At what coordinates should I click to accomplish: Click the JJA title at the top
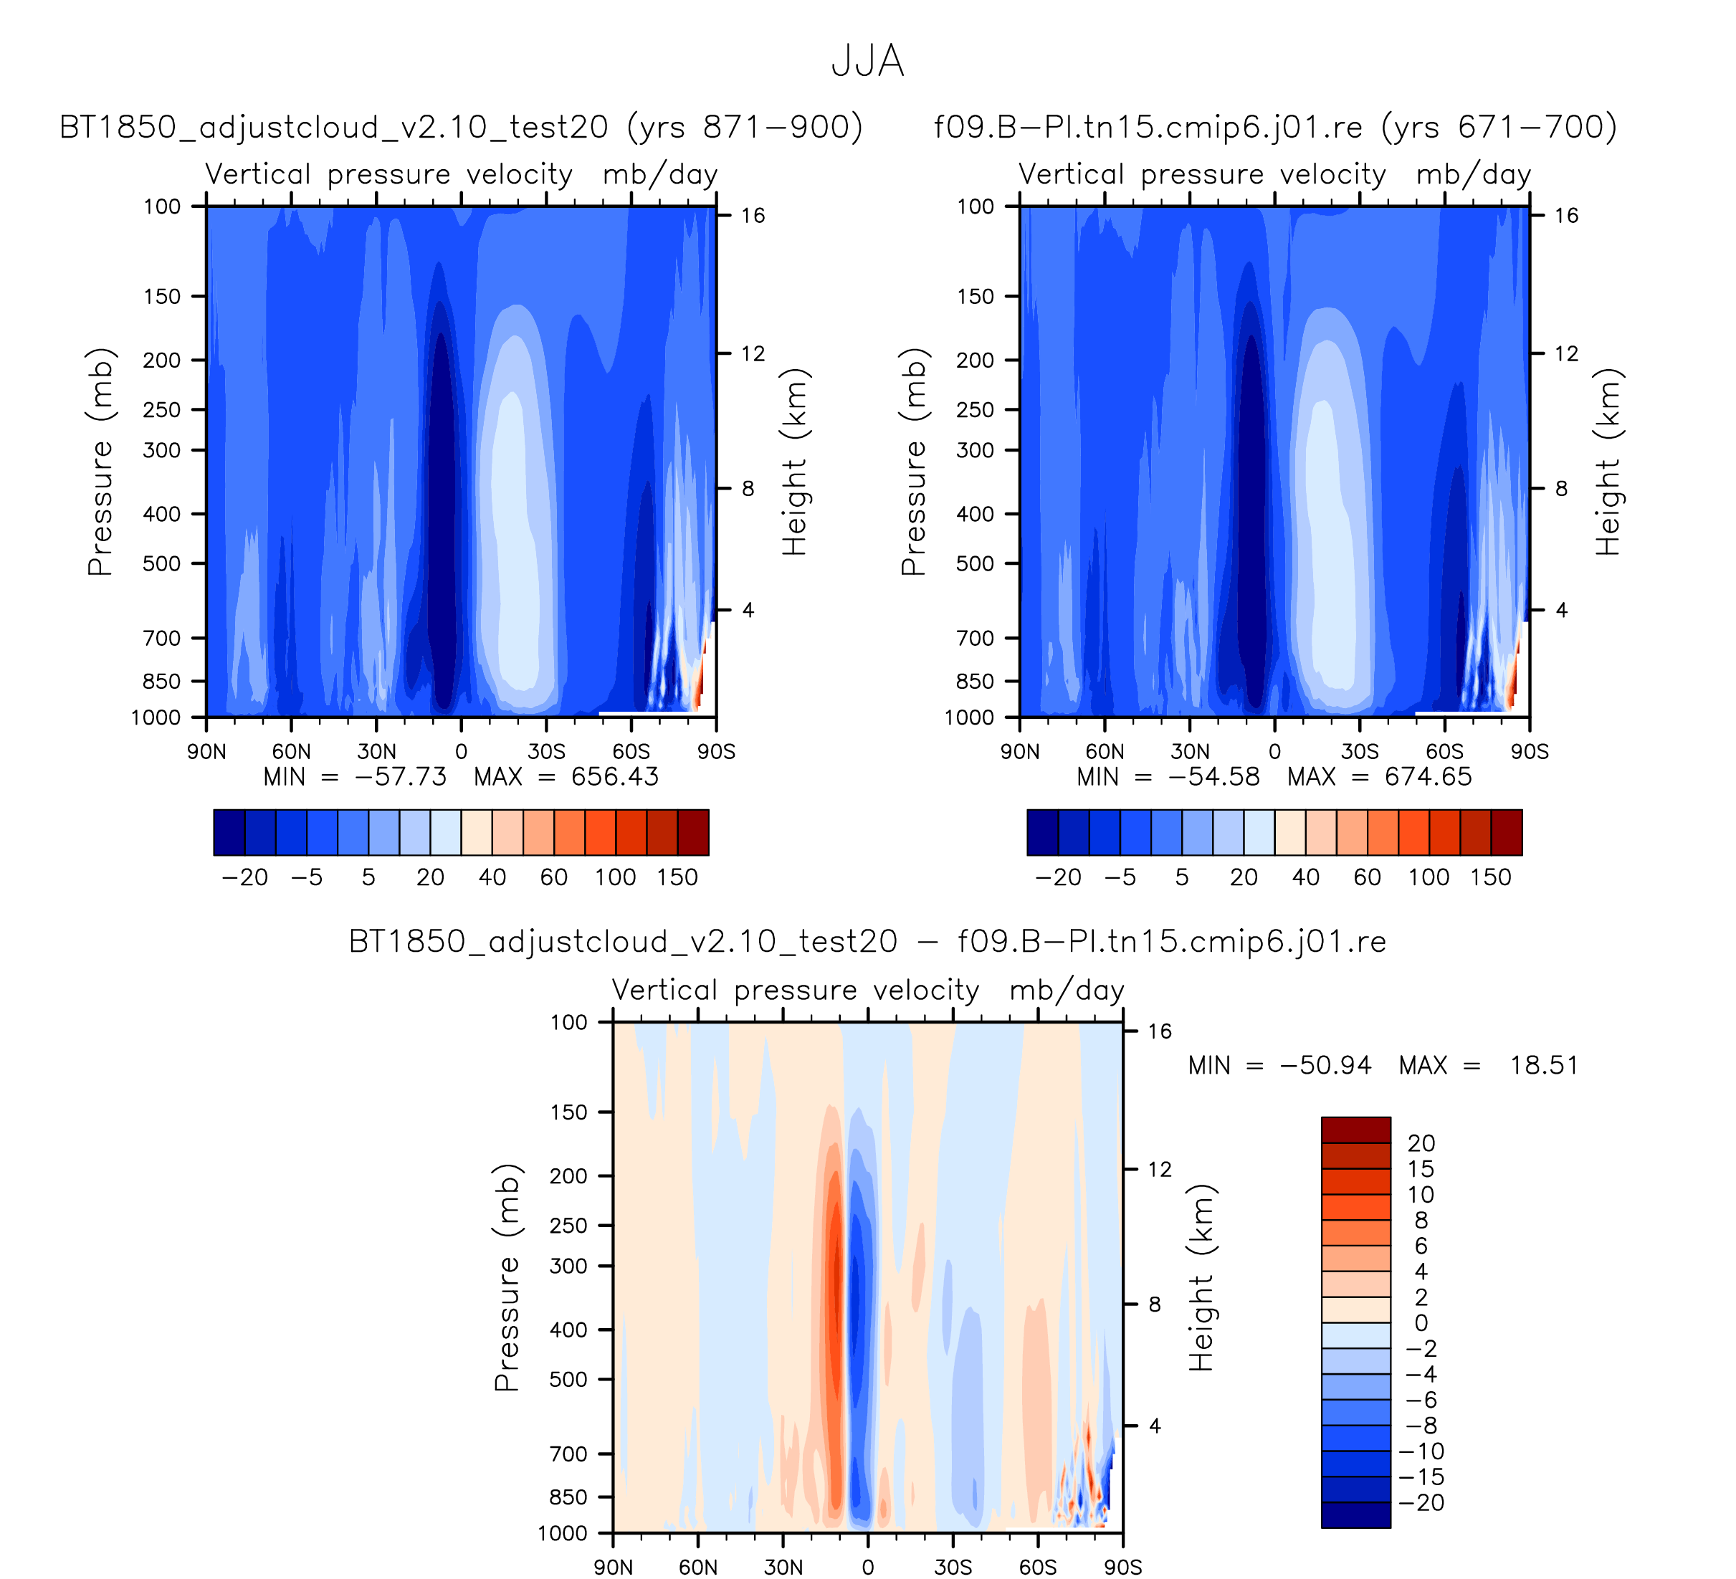click(867, 62)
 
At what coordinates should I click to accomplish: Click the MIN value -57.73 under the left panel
click(401, 778)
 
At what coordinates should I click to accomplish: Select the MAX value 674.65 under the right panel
click(1428, 778)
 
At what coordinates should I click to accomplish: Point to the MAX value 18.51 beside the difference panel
click(1544, 1066)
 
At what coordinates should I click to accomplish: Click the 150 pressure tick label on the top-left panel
click(162, 297)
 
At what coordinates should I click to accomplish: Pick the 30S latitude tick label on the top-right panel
click(1359, 752)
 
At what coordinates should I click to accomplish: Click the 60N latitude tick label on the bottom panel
click(697, 1567)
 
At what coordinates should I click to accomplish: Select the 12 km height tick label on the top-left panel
click(753, 354)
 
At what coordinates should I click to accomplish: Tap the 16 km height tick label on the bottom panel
click(1159, 1031)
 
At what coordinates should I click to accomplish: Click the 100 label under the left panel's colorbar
click(615, 877)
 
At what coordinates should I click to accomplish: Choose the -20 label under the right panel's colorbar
click(1059, 877)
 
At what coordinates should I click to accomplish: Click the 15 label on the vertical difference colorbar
click(1421, 1169)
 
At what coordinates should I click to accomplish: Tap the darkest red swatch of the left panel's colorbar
click(693, 833)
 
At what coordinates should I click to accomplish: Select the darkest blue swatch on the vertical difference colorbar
click(1355, 1514)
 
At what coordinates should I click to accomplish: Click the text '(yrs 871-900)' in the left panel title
click(745, 128)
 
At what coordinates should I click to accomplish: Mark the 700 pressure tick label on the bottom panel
click(568, 1454)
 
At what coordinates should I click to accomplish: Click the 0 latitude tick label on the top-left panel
click(462, 752)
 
